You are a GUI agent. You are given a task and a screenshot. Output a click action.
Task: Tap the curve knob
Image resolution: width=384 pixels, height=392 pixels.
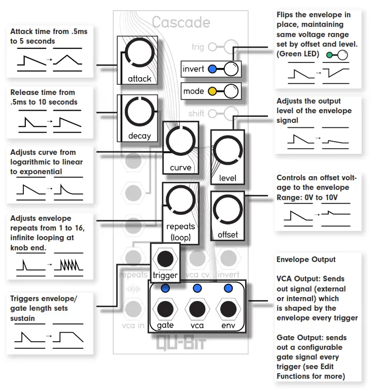coord(181,142)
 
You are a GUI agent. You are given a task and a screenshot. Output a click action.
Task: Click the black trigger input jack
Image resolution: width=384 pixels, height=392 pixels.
coord(165,258)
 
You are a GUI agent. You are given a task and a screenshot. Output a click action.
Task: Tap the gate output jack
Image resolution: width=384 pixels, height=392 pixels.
coord(165,308)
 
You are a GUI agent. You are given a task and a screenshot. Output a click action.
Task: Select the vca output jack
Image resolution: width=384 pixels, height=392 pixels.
coord(196,308)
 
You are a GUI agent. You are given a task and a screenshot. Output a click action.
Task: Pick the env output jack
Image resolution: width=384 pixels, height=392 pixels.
coord(227,308)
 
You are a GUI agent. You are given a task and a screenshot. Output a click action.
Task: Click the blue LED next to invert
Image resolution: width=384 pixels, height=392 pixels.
coord(212,69)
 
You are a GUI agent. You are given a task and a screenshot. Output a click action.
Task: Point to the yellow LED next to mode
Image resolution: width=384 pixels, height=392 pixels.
coord(212,91)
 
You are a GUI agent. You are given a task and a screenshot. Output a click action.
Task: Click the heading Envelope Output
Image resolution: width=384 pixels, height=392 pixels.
coord(306,259)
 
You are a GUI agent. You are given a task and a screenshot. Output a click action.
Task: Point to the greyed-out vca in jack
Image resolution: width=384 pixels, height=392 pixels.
coord(133,308)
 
